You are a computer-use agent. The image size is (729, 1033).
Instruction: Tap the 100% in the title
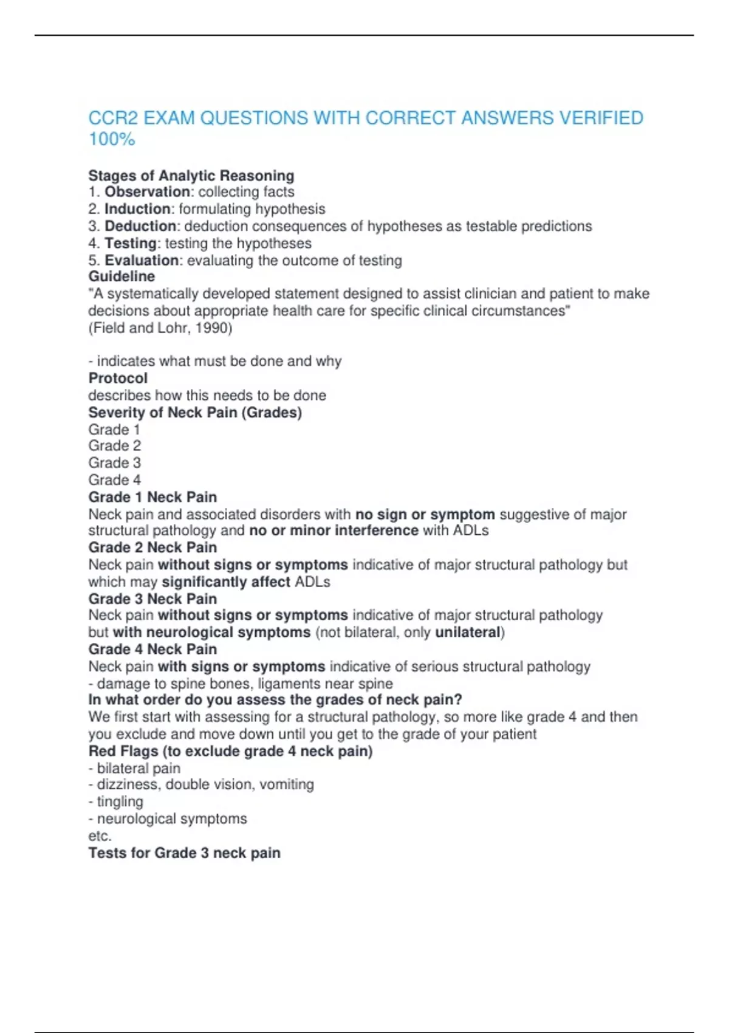click(x=112, y=139)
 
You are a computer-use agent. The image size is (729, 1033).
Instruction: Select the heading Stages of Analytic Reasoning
click(x=191, y=176)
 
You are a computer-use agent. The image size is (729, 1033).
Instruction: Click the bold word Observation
click(x=147, y=192)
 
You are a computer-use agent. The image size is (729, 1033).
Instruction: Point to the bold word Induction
click(x=137, y=209)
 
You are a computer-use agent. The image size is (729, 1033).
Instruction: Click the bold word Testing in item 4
click(x=131, y=243)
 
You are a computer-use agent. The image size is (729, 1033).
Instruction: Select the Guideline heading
click(x=122, y=276)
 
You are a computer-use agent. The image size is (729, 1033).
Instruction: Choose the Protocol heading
click(x=118, y=378)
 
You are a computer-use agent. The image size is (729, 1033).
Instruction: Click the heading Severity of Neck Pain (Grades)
click(x=195, y=412)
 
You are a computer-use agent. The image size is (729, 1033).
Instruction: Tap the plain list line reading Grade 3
click(x=114, y=462)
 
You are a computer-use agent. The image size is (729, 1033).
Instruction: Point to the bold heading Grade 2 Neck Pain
click(x=152, y=547)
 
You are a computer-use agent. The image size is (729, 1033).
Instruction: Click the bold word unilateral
click(x=468, y=632)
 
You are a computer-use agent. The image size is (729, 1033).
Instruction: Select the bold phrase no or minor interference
click(x=334, y=530)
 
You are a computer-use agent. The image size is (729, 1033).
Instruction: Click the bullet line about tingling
click(x=116, y=801)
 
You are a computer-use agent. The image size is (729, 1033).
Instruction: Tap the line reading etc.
click(x=100, y=836)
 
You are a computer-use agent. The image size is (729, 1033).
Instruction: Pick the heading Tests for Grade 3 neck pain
click(x=184, y=853)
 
